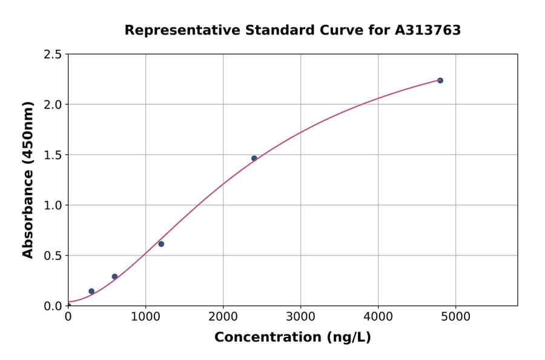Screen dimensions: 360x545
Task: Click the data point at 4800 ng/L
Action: pos(440,81)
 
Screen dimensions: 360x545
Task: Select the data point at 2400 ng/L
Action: pos(254,158)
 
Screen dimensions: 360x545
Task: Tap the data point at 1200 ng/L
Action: pos(161,244)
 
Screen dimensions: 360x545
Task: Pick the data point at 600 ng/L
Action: pos(114,276)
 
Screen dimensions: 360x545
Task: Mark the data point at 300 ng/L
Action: pos(91,291)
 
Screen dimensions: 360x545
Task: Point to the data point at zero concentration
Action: pos(68,305)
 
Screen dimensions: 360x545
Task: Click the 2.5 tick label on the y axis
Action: pos(53,55)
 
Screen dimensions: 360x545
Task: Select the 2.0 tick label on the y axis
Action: pos(53,105)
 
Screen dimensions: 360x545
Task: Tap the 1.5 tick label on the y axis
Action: pos(53,155)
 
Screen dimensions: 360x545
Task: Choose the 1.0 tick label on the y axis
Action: pos(53,205)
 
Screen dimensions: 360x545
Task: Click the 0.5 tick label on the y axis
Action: pos(53,256)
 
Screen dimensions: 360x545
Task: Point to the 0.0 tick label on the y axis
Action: pos(53,306)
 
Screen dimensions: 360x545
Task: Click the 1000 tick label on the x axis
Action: pos(145,316)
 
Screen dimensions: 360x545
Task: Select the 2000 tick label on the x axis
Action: pos(223,316)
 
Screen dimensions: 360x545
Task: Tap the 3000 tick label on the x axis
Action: pos(301,316)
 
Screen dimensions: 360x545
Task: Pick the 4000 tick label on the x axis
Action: pos(378,316)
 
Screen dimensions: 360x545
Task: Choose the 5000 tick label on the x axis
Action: pos(456,316)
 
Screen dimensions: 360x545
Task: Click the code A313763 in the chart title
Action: pos(428,30)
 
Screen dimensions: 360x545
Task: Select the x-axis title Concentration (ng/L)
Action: pos(292,337)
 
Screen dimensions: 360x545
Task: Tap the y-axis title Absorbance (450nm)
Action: pos(28,180)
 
